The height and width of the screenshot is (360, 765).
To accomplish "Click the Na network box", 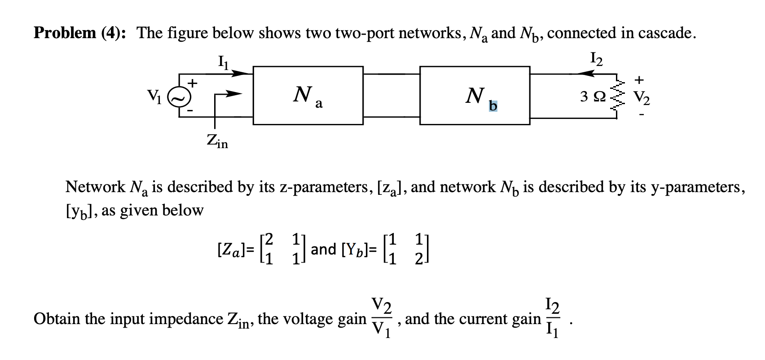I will tap(308, 95).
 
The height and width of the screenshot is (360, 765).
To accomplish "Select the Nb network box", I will tap(475, 95).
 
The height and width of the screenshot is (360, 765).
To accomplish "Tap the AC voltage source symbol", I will tap(176, 96).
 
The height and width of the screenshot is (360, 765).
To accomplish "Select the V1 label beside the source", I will tap(154, 95).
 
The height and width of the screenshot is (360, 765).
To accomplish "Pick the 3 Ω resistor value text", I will tap(594, 97).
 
